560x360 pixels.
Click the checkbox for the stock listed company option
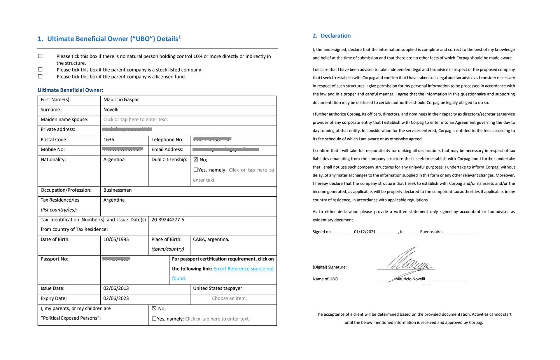[x=40, y=69]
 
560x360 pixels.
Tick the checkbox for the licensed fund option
[x=40, y=76]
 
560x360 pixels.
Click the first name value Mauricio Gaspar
[x=121, y=100]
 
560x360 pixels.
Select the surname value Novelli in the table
[x=111, y=110]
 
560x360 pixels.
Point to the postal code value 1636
[x=109, y=140]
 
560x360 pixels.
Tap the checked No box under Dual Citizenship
[x=196, y=160]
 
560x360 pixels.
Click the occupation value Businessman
[x=117, y=190]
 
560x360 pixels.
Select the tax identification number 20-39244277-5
[x=168, y=220]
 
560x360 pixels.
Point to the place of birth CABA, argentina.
[x=211, y=240]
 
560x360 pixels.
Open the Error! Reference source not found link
[x=243, y=269]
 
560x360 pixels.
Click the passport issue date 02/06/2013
[x=116, y=289]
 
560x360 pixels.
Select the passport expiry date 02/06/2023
[x=116, y=298]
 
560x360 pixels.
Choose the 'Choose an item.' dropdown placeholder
[x=229, y=298]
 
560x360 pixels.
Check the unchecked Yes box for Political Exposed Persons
[x=154, y=319]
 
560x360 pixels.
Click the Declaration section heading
[x=335, y=36]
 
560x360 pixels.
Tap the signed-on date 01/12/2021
[x=365, y=232]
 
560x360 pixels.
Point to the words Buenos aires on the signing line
[x=431, y=232]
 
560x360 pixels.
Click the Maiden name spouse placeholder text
[x=136, y=120]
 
